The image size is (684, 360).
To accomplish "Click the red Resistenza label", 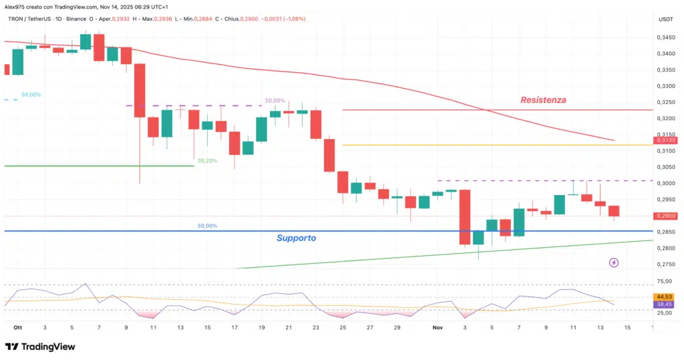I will point(543,100).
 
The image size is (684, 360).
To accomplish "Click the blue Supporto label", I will point(297,238).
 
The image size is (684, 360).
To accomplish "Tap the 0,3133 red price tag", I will point(666,140).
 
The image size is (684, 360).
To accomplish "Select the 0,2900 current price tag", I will point(666,216).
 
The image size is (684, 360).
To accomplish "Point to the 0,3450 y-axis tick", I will point(666,37).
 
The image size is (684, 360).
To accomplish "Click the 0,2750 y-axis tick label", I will point(666,264).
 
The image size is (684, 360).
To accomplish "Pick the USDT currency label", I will point(666,19).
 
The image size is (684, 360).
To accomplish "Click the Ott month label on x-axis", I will point(17,328).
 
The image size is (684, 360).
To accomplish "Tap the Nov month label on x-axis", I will point(438,328).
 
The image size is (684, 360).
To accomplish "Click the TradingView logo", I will point(40,347).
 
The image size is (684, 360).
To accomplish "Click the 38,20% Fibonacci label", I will point(207,161).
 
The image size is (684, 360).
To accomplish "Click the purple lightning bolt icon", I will point(614,263).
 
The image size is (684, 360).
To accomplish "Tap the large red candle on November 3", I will point(465,217).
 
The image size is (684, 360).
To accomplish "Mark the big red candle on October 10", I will point(140,90).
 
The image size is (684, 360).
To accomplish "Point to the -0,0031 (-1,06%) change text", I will point(283,19).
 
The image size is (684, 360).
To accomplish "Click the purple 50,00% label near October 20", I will point(275,100).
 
